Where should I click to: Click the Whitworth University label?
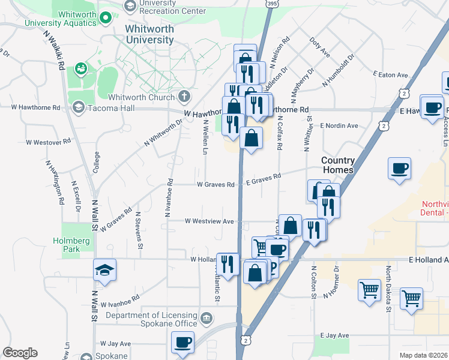(x=149, y=34)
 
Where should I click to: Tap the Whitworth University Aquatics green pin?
(x=106, y=17)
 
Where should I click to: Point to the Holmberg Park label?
(x=77, y=244)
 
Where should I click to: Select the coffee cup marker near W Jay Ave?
(x=182, y=343)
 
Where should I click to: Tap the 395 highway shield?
(x=271, y=4)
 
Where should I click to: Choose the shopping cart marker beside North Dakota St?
(x=411, y=298)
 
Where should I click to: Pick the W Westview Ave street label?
(x=209, y=221)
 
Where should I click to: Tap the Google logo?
(x=20, y=353)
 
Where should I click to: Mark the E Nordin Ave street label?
(x=339, y=125)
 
